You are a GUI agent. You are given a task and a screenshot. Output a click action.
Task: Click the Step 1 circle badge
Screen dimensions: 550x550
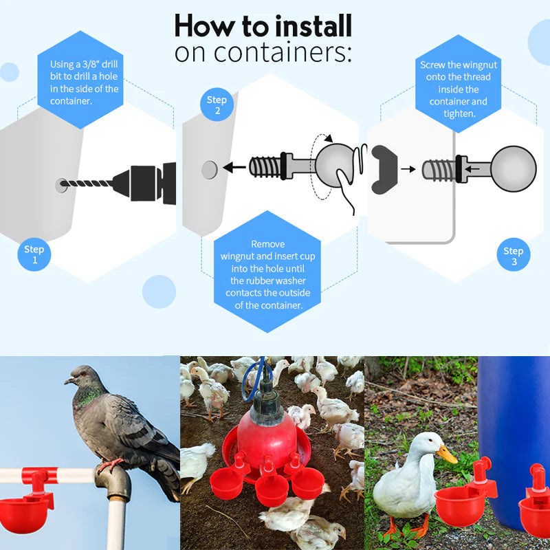pos(34,254)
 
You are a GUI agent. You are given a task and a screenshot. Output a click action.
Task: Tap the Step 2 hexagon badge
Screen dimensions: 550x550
pos(217,105)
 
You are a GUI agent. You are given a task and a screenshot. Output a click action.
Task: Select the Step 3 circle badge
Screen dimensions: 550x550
pos(513,256)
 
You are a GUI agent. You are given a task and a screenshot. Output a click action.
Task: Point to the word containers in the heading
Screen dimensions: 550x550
pos(283,52)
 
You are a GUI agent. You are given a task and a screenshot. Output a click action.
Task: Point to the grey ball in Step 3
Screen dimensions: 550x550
pos(514,168)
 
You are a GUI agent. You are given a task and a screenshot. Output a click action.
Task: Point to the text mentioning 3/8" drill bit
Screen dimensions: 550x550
pos(84,82)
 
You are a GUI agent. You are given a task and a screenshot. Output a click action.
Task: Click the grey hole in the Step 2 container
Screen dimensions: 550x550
pos(210,168)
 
